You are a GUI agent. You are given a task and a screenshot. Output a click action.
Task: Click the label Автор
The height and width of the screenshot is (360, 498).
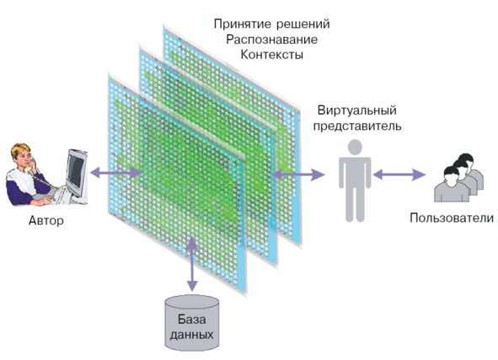tap(46, 221)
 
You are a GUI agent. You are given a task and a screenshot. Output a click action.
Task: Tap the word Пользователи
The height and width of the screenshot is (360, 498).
tap(452, 218)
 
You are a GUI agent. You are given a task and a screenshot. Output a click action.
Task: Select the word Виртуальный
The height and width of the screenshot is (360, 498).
tap(357, 110)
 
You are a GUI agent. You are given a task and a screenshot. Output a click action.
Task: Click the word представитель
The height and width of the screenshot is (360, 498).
tap(357, 126)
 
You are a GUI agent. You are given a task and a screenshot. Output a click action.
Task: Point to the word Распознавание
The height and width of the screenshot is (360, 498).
tap(271, 40)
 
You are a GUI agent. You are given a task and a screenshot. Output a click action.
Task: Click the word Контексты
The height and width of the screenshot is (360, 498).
tap(272, 55)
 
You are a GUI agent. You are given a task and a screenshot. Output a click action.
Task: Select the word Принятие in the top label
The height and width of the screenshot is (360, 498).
tap(243, 24)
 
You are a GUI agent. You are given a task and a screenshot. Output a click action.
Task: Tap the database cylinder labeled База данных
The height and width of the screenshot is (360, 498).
tap(192, 323)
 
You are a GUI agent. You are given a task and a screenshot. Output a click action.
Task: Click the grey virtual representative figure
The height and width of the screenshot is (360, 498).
tap(355, 180)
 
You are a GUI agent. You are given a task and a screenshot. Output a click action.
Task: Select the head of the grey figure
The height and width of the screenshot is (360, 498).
tap(355, 148)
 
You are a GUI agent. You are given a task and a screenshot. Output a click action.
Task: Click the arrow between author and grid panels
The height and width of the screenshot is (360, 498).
tap(116, 173)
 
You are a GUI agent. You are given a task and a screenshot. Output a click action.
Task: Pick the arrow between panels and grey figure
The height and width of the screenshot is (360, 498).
tap(298, 175)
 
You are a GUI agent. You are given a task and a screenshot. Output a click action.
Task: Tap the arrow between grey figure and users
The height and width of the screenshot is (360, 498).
tap(399, 175)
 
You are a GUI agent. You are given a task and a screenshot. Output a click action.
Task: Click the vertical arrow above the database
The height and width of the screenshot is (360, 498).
tap(192, 264)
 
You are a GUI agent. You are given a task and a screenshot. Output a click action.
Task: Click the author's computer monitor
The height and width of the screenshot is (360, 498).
tap(76, 173)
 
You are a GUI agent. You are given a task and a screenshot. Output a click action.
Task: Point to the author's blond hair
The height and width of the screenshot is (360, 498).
tap(20, 150)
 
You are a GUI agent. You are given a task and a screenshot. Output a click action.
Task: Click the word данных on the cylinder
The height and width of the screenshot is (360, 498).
tap(191, 335)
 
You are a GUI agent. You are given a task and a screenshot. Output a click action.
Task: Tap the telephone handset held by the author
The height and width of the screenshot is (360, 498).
tap(29, 165)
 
